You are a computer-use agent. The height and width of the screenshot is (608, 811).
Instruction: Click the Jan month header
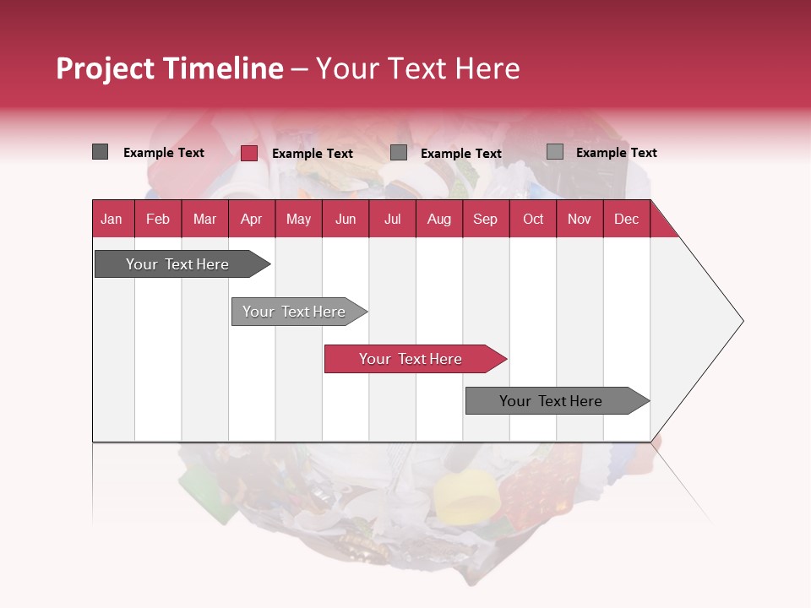(112, 219)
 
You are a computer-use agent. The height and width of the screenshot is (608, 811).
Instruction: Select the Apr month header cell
(252, 219)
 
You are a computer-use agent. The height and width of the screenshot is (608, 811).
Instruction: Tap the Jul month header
(392, 219)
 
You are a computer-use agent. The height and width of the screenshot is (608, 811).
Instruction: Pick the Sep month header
(486, 219)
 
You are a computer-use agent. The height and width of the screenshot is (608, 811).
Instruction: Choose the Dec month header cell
(626, 219)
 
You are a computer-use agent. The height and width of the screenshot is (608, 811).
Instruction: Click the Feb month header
(158, 219)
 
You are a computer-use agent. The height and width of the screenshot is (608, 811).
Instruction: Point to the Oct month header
(533, 219)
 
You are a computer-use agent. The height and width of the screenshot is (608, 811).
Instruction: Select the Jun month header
(346, 219)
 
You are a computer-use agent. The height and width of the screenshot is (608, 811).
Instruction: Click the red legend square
(249, 153)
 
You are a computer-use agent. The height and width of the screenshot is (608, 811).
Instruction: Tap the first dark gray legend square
(101, 152)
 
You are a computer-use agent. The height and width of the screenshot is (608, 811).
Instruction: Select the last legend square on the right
(555, 152)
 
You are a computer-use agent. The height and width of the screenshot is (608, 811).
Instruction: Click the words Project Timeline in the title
(169, 68)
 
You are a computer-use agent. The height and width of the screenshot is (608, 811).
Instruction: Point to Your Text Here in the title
(417, 68)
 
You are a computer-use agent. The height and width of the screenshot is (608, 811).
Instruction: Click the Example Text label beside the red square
(312, 154)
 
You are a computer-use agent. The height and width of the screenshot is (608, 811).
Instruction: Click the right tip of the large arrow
(741, 321)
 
